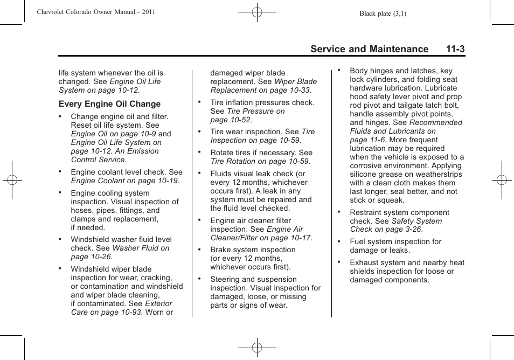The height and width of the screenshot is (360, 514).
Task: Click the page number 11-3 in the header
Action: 455,49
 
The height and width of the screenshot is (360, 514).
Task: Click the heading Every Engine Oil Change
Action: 109,104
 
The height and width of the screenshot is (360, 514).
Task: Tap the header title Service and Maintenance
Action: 369,49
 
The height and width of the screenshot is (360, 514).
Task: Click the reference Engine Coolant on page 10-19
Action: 124,181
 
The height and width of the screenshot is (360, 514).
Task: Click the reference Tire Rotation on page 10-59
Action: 260,161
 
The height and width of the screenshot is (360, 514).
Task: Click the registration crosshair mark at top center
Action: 257,11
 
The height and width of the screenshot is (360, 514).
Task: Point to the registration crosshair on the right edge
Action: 502,180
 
